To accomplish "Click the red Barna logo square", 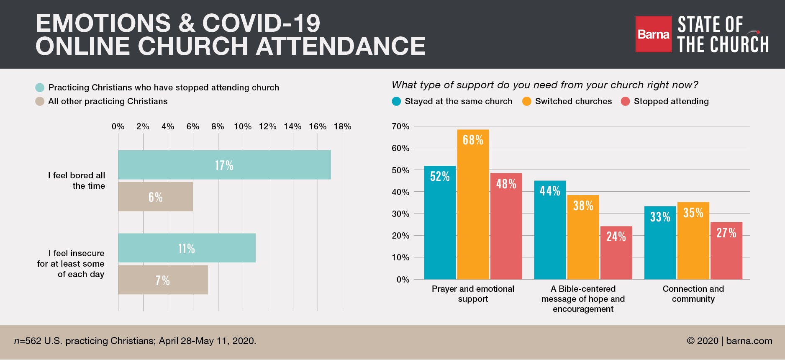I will click(x=653, y=34).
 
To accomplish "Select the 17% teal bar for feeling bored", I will click(x=224, y=165).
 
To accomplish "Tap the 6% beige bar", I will click(x=155, y=197).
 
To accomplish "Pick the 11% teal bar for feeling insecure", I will click(x=187, y=248).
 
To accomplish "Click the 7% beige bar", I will click(x=163, y=280).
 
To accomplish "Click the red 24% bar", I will click(x=616, y=253).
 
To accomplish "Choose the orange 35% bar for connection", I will click(x=693, y=241).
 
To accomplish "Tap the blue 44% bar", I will click(x=550, y=230).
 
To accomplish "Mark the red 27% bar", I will click(x=726, y=251).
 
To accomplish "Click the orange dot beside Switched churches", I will click(x=527, y=101).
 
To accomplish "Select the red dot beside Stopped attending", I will click(x=625, y=101).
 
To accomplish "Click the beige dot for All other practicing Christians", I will click(x=40, y=101).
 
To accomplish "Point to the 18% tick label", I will click(x=342, y=126).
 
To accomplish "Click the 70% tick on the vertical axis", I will click(x=400, y=126).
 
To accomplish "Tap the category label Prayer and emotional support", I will click(x=473, y=293).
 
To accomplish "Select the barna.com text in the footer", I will click(x=749, y=341).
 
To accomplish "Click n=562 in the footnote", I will click(x=28, y=341).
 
